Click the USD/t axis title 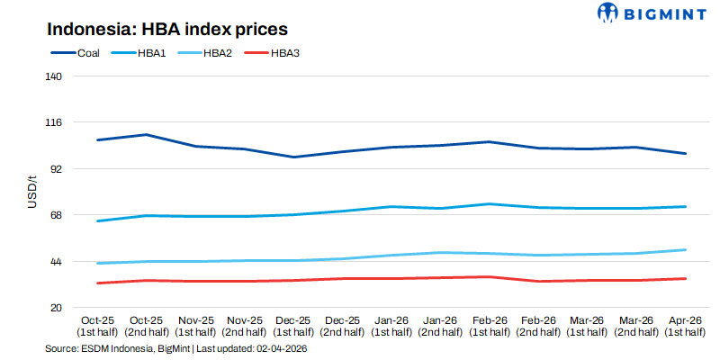(31, 193)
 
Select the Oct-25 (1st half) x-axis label (97, 326)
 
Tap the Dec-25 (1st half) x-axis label (292, 326)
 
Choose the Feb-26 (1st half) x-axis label (489, 326)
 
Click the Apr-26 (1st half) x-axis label (685, 326)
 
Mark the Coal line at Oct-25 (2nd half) (147, 135)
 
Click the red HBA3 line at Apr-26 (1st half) (685, 278)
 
